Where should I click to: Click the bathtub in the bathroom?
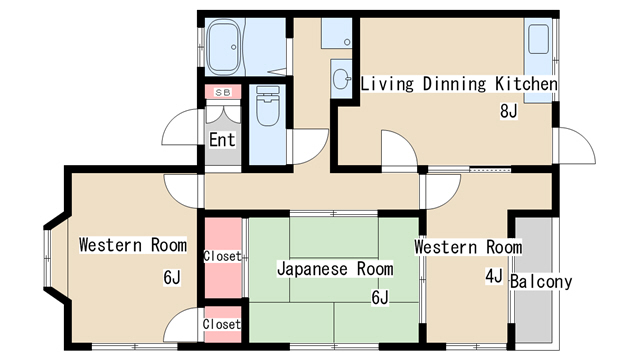coord(223,47)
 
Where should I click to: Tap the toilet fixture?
coord(268,105)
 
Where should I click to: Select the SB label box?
coord(223,92)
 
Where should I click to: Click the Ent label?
coord(222,140)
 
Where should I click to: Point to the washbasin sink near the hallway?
coord(342,78)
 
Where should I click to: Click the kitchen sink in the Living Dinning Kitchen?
coord(538,39)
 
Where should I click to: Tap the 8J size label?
coord(509,111)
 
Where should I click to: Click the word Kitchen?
coord(526,84)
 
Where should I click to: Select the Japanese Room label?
coord(335,269)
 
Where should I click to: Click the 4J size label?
coord(494,276)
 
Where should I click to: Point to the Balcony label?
coord(541,281)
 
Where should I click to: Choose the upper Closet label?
coord(222,256)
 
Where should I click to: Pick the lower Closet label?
coord(222,324)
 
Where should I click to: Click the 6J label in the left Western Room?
coord(172,278)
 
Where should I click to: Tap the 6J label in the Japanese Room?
coord(380,298)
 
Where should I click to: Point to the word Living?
coord(387,84)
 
